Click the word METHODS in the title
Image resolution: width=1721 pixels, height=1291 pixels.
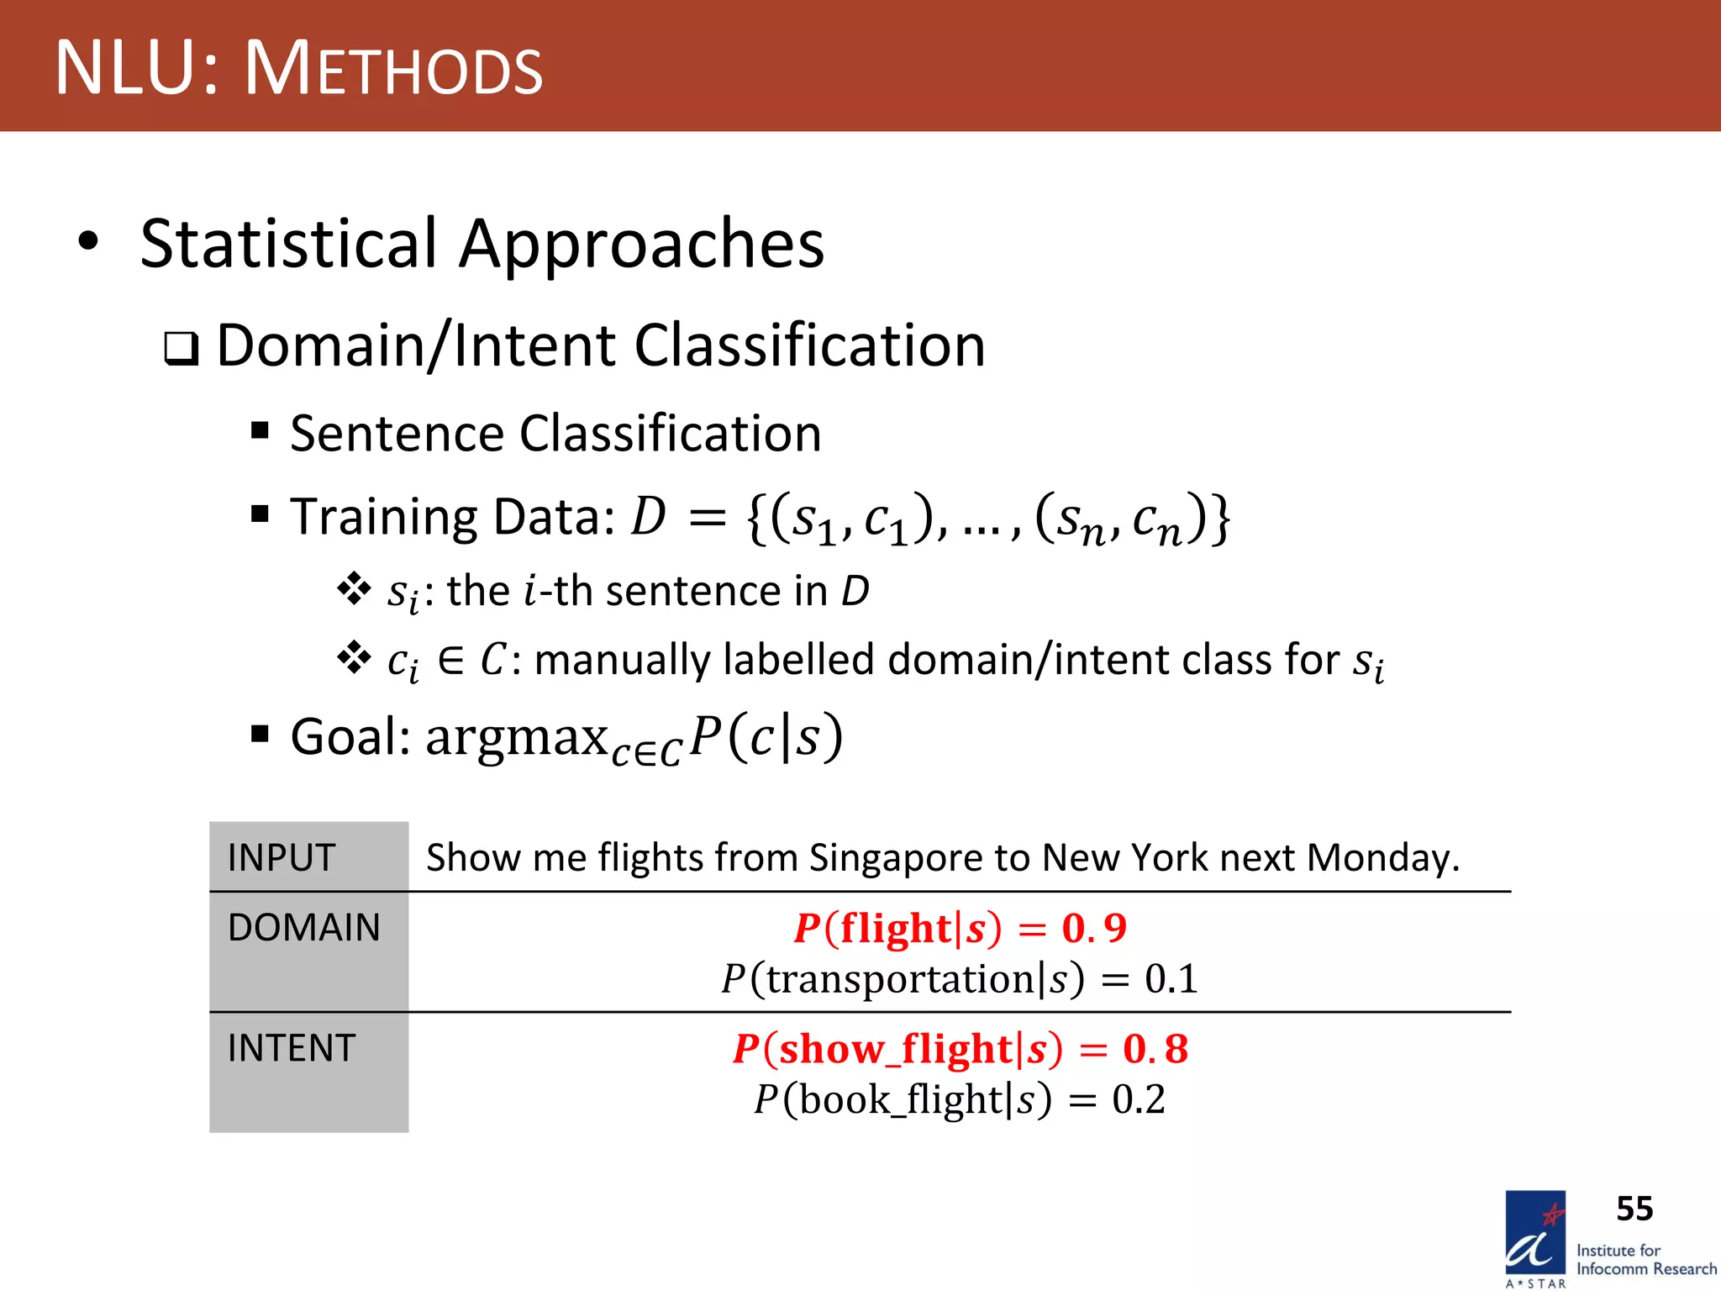(x=393, y=69)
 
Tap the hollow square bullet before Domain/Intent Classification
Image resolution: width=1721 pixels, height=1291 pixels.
(x=181, y=348)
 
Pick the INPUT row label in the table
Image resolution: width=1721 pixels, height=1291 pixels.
(x=282, y=858)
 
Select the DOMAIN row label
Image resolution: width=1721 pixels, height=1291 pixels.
(x=304, y=928)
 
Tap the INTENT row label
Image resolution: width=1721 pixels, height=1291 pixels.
(x=292, y=1048)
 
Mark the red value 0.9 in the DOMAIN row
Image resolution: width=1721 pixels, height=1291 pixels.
(x=1094, y=929)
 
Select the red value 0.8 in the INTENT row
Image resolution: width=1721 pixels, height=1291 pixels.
(x=1155, y=1049)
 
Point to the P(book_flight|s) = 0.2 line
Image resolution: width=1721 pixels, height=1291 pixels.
(x=959, y=1099)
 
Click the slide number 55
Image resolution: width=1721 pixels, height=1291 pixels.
(x=1634, y=1209)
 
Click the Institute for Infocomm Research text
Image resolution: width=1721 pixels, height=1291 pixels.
(x=1645, y=1260)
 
